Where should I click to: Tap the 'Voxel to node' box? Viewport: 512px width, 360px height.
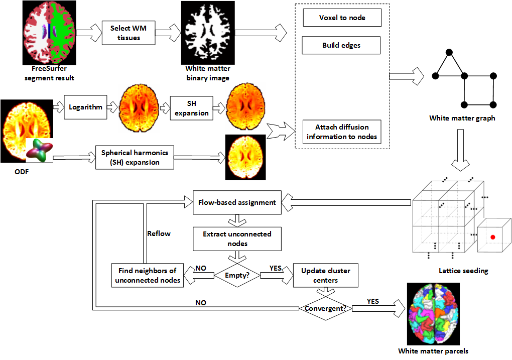click(x=342, y=18)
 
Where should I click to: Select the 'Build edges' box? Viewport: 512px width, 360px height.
click(x=341, y=46)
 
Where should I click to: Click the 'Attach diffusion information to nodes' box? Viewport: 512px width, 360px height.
click(x=341, y=132)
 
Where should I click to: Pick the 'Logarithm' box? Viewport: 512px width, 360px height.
click(x=86, y=107)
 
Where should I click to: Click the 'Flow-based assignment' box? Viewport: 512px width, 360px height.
click(x=237, y=203)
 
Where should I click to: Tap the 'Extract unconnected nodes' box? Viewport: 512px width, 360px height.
click(x=237, y=239)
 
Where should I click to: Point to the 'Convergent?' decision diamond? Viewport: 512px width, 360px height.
click(x=326, y=308)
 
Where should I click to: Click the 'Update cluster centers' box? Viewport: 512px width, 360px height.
click(x=326, y=275)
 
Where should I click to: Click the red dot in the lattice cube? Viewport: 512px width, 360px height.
click(x=493, y=236)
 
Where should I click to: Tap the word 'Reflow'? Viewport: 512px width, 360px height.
click(x=159, y=233)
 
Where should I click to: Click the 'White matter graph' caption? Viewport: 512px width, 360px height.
click(x=462, y=118)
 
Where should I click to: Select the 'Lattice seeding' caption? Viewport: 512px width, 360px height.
click(x=462, y=271)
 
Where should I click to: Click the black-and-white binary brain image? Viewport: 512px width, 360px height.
click(x=207, y=33)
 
